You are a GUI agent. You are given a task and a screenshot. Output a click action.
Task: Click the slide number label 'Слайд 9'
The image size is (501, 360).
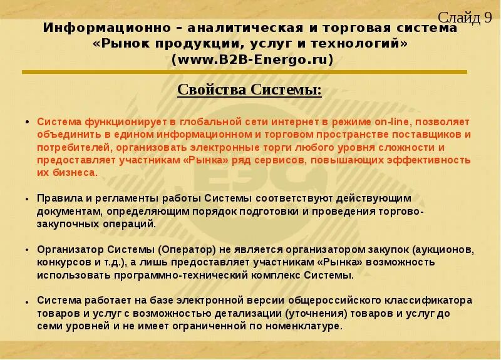[x=464, y=18]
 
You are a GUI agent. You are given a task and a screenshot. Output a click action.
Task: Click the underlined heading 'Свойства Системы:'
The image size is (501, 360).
[x=249, y=90]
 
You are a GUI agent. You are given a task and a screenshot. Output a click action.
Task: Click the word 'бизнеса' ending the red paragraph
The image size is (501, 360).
[x=75, y=172]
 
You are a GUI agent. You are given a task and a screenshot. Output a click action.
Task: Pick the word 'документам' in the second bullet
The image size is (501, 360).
[x=67, y=211]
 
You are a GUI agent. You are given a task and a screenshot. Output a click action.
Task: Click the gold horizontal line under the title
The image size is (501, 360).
[x=244, y=72]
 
